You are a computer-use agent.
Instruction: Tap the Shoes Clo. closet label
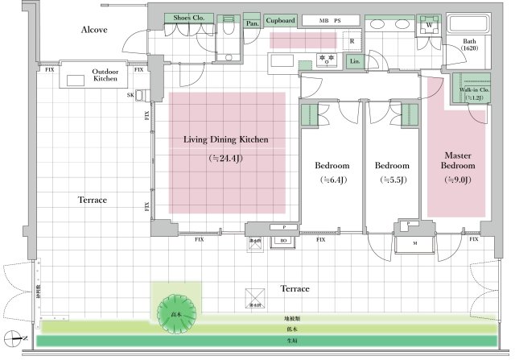(188, 18)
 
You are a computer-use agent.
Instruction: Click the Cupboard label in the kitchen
(281, 19)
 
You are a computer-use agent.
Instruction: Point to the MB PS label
(331, 19)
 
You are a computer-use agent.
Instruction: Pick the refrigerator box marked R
(352, 41)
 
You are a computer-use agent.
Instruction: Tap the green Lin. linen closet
(354, 60)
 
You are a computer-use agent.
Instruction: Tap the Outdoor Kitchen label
(105, 75)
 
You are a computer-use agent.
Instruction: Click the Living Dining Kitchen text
(225, 139)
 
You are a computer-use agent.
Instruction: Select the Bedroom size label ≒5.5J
(393, 180)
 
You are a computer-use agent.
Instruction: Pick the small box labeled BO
(282, 240)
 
